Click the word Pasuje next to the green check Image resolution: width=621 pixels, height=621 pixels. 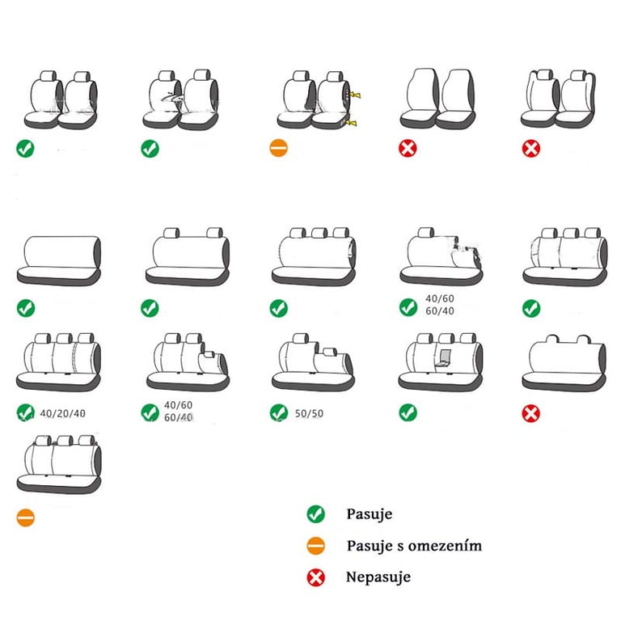tap(369, 514)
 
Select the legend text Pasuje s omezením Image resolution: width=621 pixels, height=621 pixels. tap(414, 545)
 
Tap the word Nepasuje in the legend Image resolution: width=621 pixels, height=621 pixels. tap(378, 577)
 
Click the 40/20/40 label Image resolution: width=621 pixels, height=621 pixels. tap(62, 413)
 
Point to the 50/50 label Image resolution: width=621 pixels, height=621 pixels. tap(309, 413)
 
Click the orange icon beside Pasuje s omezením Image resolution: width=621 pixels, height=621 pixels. tap(315, 546)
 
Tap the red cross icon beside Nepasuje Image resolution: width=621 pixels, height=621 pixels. tap(315, 577)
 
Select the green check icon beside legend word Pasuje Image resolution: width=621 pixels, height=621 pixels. tap(315, 514)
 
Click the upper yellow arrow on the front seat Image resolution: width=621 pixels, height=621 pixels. tap(355, 95)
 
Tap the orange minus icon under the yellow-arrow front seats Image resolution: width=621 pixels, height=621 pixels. tap(278, 148)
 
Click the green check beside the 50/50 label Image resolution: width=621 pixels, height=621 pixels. tap(279, 412)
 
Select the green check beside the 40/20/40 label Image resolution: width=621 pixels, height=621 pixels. tap(25, 412)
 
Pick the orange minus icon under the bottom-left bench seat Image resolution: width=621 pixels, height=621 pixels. tap(25, 517)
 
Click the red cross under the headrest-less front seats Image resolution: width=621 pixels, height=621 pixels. tap(408, 149)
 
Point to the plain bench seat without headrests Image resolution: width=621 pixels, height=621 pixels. tap(58, 260)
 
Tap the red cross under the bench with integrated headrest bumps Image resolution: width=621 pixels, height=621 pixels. tap(530, 413)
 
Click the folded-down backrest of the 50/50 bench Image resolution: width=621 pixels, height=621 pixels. tap(332, 361)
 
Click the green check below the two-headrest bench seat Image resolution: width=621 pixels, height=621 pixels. tap(150, 308)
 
